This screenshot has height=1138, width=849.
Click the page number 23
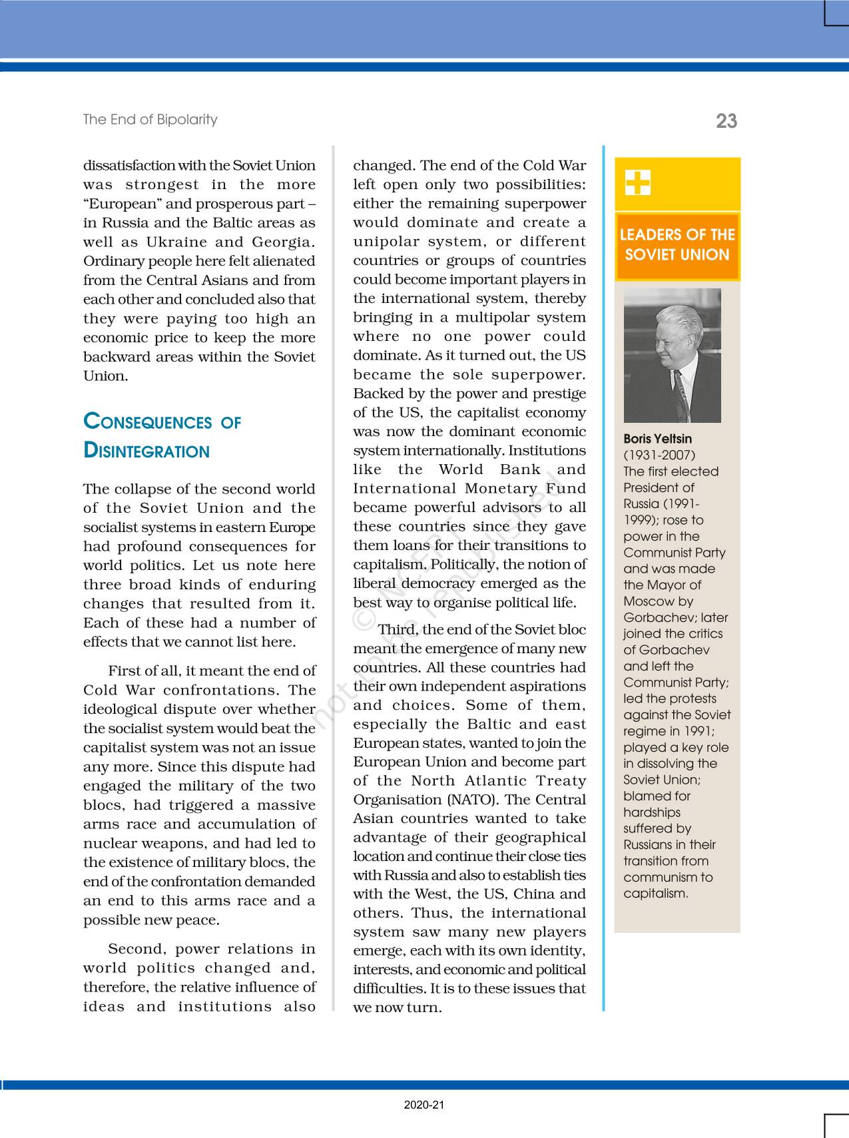click(726, 121)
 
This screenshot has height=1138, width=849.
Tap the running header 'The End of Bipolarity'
click(150, 120)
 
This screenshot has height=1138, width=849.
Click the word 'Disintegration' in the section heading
click(146, 451)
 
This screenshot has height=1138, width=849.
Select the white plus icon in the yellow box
click(638, 182)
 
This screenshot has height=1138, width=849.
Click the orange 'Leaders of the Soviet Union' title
click(677, 245)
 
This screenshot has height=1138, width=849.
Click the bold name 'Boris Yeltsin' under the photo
click(657, 439)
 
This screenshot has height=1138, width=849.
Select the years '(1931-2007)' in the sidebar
click(659, 455)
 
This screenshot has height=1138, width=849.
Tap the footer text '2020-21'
click(424, 1105)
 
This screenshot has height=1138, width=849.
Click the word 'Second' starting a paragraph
click(136, 948)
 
